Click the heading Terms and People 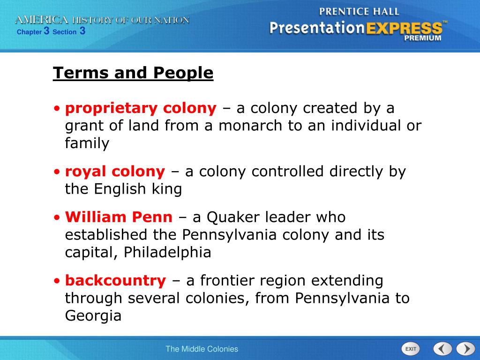click(133, 73)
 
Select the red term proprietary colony click(141, 109)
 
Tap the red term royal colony click(115, 172)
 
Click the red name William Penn click(119, 217)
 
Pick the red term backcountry click(115, 281)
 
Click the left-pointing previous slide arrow click(442, 349)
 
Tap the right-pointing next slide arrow click(465, 349)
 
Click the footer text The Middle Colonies click(202, 349)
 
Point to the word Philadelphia click(167, 253)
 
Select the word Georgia click(93, 316)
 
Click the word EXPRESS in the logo click(404, 28)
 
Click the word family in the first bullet click(87, 143)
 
